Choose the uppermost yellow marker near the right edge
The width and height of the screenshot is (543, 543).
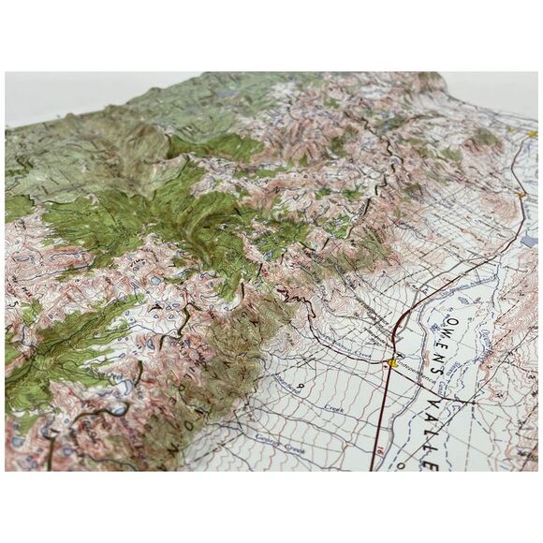click(531, 134)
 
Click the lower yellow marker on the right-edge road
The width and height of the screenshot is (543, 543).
click(521, 194)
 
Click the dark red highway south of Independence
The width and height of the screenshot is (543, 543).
click(379, 421)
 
